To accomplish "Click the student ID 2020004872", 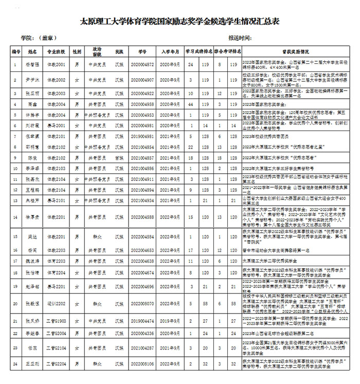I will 142,65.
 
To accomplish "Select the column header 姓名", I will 32,52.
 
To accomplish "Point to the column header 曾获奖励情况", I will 295,52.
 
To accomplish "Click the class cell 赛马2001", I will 57,125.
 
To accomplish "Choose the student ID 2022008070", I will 142,304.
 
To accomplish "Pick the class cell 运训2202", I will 57,304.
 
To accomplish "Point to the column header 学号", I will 142,52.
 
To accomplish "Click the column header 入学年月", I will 170,52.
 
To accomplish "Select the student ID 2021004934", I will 142,199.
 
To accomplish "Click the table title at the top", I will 179,22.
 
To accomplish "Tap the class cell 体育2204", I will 57,272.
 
